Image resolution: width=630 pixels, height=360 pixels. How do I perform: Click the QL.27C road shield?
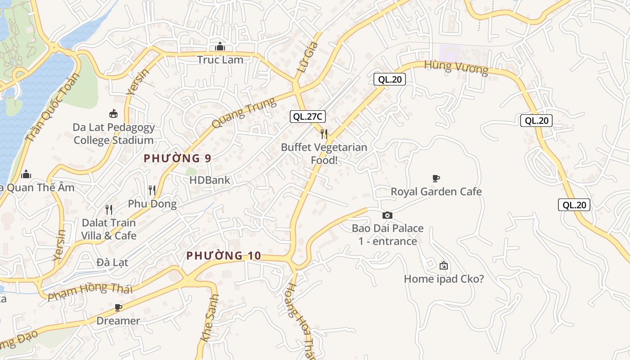tap(307, 117)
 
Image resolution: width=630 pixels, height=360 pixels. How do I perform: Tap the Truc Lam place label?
tap(220, 60)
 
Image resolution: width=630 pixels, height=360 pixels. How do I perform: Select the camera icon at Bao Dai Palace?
tap(387, 216)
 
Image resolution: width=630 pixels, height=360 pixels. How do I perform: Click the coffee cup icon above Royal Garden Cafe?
tap(436, 179)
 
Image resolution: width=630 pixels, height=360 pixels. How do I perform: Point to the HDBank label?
tap(209, 180)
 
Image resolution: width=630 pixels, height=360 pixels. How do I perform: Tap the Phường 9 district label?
tap(177, 158)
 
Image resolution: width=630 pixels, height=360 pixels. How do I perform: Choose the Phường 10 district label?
tap(224, 256)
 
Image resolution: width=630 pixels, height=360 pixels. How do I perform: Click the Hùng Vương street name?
tap(456, 67)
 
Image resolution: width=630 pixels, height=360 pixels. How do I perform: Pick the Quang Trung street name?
tap(243, 113)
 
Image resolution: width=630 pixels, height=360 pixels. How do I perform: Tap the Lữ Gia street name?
tap(309, 57)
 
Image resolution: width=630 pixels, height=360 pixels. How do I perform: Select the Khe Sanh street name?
tap(210, 318)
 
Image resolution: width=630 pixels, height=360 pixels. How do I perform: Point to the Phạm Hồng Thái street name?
tap(90, 292)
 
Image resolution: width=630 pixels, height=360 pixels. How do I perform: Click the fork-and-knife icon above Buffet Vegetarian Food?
tap(324, 134)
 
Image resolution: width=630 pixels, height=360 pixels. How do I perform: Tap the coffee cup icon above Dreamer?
tap(118, 308)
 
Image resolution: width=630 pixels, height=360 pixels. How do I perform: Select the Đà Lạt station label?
tap(112, 262)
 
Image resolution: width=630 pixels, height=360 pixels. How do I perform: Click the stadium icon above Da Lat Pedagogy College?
tap(113, 114)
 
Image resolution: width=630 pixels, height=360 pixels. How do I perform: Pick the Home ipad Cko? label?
tap(444, 279)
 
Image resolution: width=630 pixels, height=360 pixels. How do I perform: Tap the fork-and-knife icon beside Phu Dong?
tap(152, 190)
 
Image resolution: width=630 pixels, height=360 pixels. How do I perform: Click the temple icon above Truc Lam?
tap(220, 46)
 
